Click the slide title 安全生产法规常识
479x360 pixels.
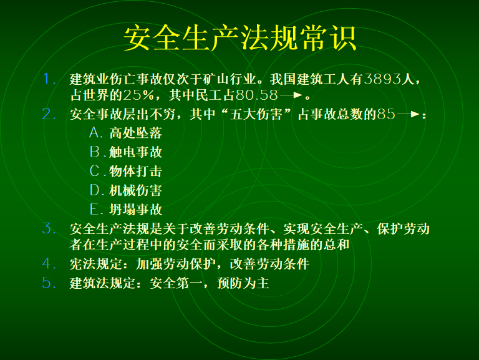coord(240,38)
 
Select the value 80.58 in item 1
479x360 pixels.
coord(256,95)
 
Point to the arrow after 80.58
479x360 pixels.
coord(291,95)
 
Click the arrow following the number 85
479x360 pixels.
coord(408,114)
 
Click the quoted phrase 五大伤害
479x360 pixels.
coord(256,114)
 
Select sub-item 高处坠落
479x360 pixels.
coord(135,133)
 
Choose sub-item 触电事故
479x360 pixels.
coord(135,152)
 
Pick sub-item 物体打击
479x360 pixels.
coord(135,171)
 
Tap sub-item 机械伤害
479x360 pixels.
coord(135,190)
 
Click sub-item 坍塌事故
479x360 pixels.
coord(135,210)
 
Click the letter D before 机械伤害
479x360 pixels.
coord(94,190)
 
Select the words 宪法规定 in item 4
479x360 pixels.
coord(96,264)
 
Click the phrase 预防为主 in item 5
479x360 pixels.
coord(243,283)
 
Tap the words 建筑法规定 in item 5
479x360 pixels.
coord(103,283)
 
